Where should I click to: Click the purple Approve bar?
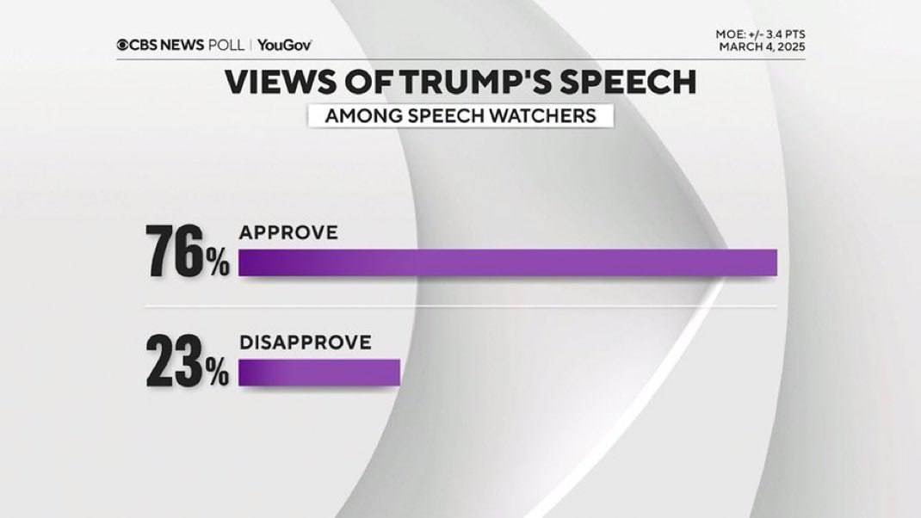[508, 262]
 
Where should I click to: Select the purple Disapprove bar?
[318, 372]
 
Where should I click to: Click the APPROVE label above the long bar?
[288, 232]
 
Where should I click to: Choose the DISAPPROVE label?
[305, 342]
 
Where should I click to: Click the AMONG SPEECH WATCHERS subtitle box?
[460, 115]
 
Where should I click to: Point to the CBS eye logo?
[123, 45]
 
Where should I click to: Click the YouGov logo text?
[284, 45]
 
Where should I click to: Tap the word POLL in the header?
[227, 45]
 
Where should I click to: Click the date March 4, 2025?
[763, 46]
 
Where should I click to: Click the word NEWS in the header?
[182, 45]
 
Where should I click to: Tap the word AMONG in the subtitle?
[357, 115]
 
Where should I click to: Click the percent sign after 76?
[216, 263]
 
